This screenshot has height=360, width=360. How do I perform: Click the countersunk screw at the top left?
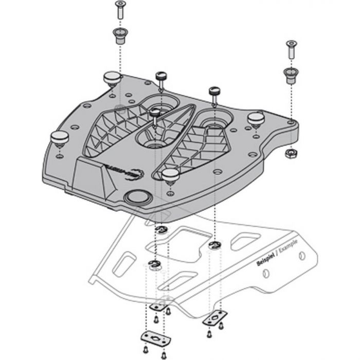(120, 10)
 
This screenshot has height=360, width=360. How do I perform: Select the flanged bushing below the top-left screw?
(120, 37)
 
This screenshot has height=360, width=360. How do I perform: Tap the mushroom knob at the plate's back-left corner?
(112, 78)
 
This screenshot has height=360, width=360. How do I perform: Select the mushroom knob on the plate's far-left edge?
(59, 138)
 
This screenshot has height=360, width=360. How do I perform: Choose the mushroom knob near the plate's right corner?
(256, 118)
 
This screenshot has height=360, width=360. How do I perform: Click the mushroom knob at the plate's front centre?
(170, 175)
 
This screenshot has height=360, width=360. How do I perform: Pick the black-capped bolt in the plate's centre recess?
(154, 114)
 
